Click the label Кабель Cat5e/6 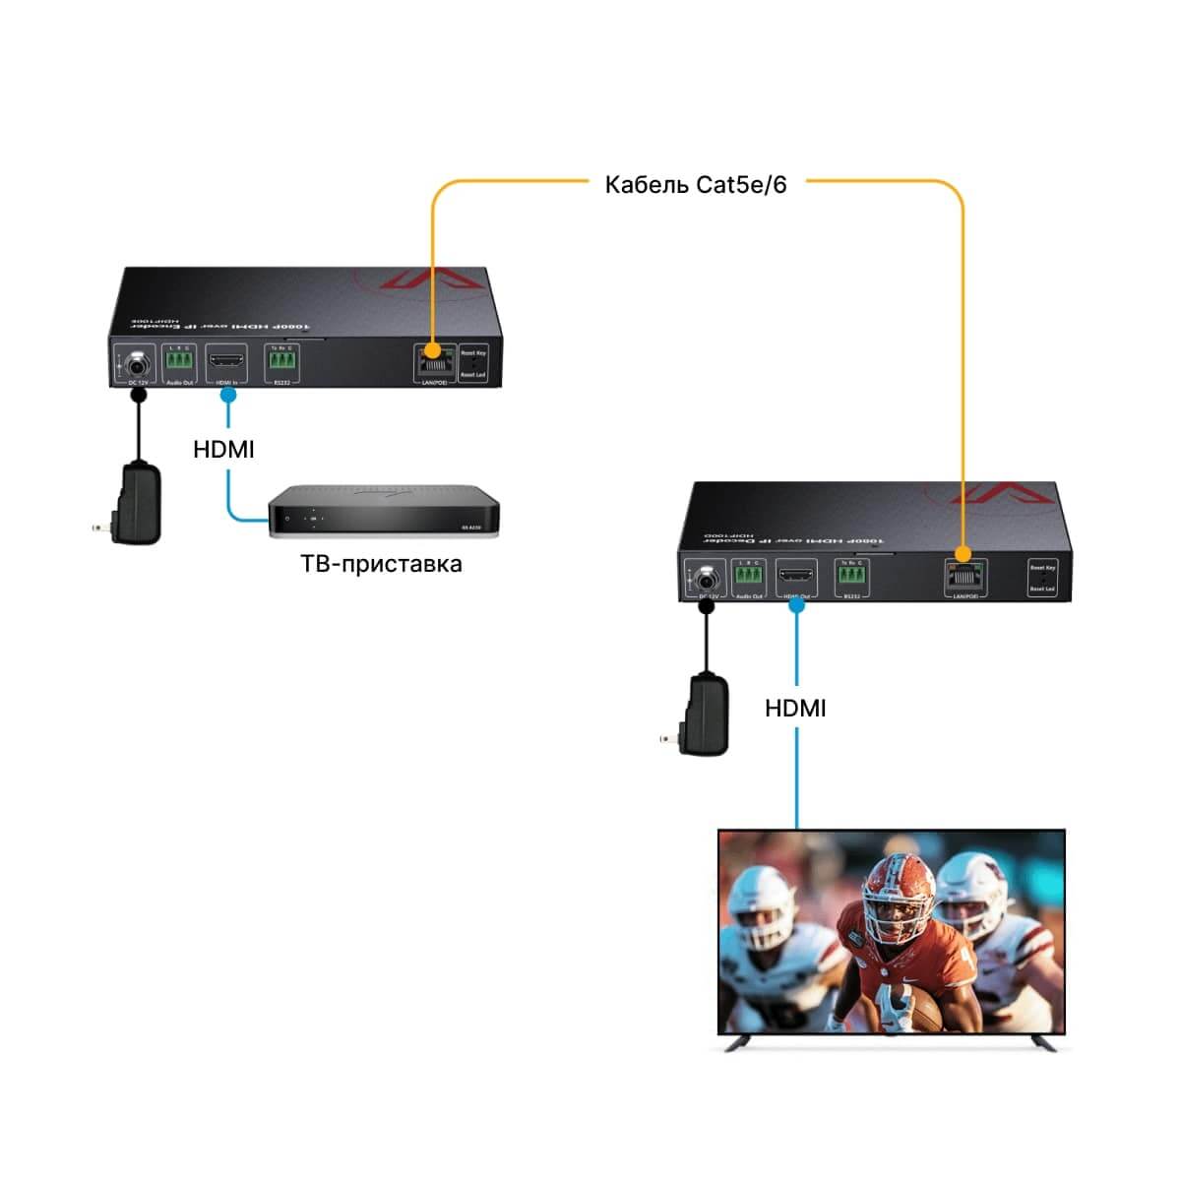pos(696,185)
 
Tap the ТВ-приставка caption pos(381,564)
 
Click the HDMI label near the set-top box pos(223,450)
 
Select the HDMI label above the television pos(795,708)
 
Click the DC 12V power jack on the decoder pos(706,578)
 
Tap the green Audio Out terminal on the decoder pos(750,576)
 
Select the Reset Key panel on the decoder pos(1042,579)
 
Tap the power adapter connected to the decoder pos(705,715)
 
